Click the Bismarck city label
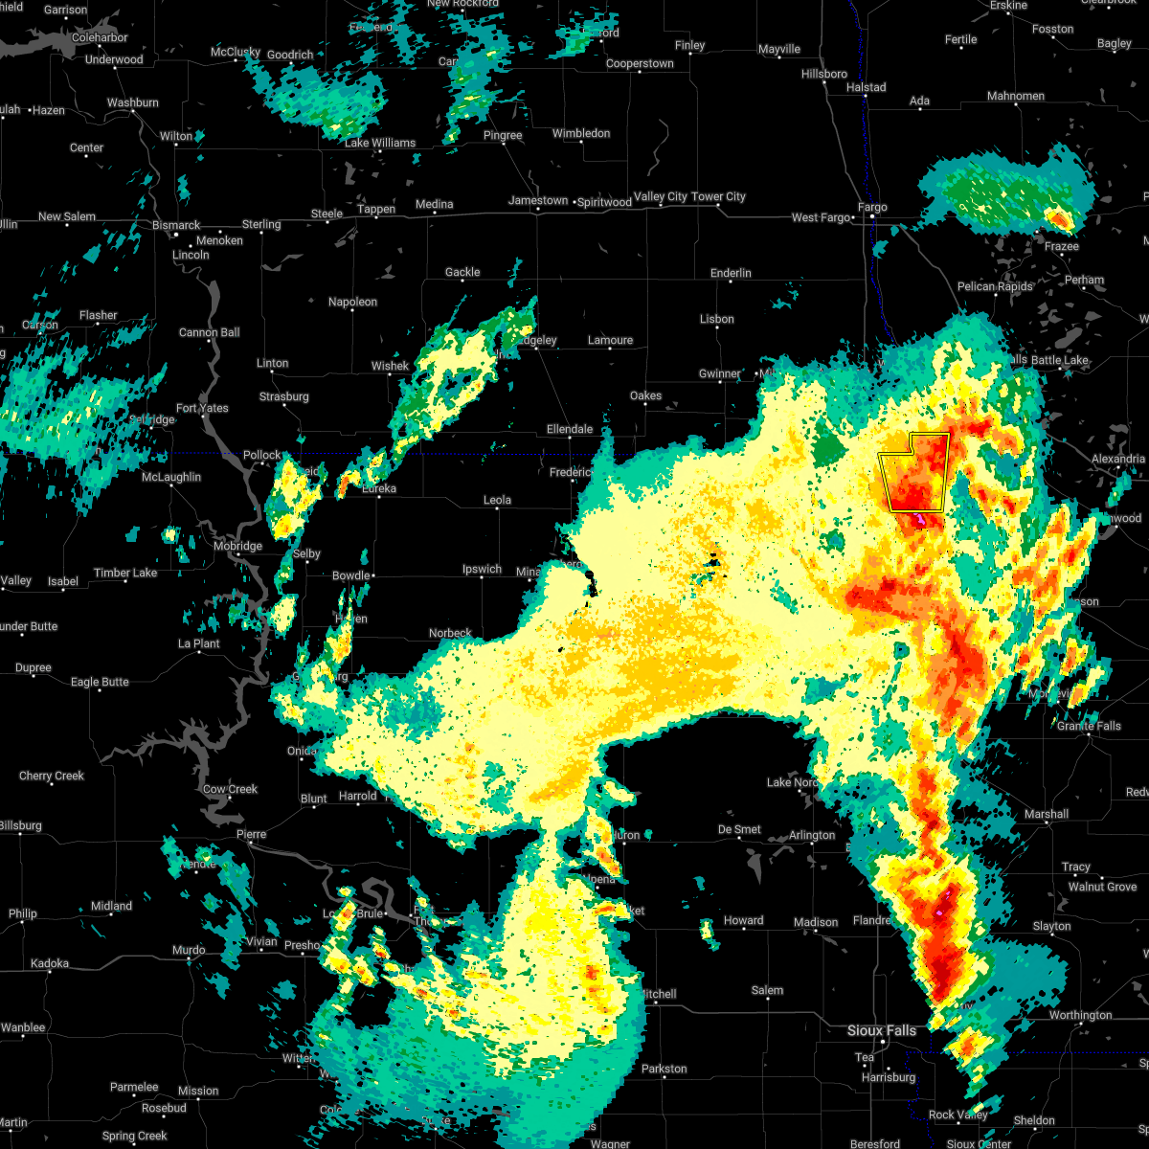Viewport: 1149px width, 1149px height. [x=175, y=225]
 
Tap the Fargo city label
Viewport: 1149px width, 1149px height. [x=872, y=207]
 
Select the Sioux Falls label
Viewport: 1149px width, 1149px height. [x=881, y=1030]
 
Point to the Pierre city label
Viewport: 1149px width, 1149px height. [x=251, y=834]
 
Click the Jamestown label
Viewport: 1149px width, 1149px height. [x=538, y=200]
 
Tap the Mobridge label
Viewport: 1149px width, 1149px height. [x=237, y=546]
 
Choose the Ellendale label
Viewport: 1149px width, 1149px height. [x=570, y=429]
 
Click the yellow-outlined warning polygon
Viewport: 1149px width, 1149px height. [x=914, y=471]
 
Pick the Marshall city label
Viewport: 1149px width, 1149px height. [x=1046, y=814]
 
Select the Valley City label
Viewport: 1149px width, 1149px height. [x=661, y=196]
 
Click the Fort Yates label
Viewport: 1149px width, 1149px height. [x=202, y=408]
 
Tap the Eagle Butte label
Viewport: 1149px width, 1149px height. [x=100, y=682]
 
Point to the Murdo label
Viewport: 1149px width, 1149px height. [x=188, y=950]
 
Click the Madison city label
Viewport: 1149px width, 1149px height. [x=816, y=922]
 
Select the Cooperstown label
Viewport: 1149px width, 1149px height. [x=640, y=63]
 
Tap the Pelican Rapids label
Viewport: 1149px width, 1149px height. [x=995, y=286]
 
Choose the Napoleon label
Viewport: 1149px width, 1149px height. [x=352, y=302]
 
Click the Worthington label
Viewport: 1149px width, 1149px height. [x=1080, y=1015]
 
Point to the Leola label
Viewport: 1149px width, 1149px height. [x=497, y=500]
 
